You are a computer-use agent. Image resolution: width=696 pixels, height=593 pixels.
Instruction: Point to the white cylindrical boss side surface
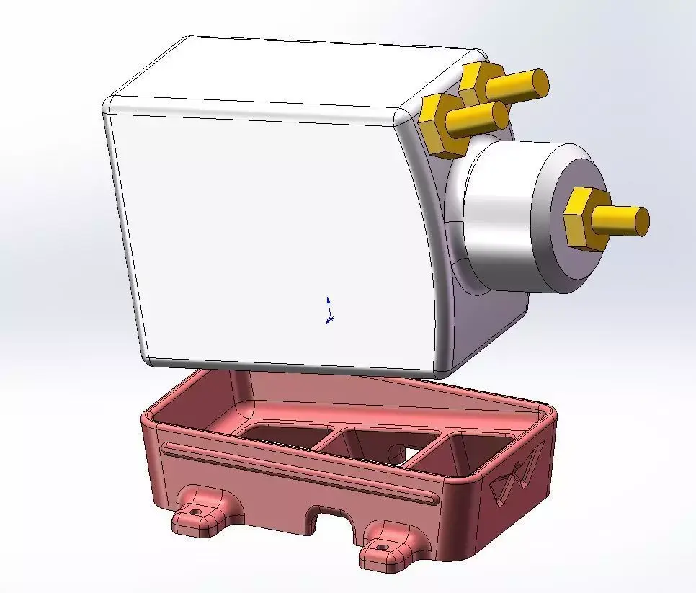click(497, 216)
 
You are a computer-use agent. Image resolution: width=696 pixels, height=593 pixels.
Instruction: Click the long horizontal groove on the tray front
click(295, 473)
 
